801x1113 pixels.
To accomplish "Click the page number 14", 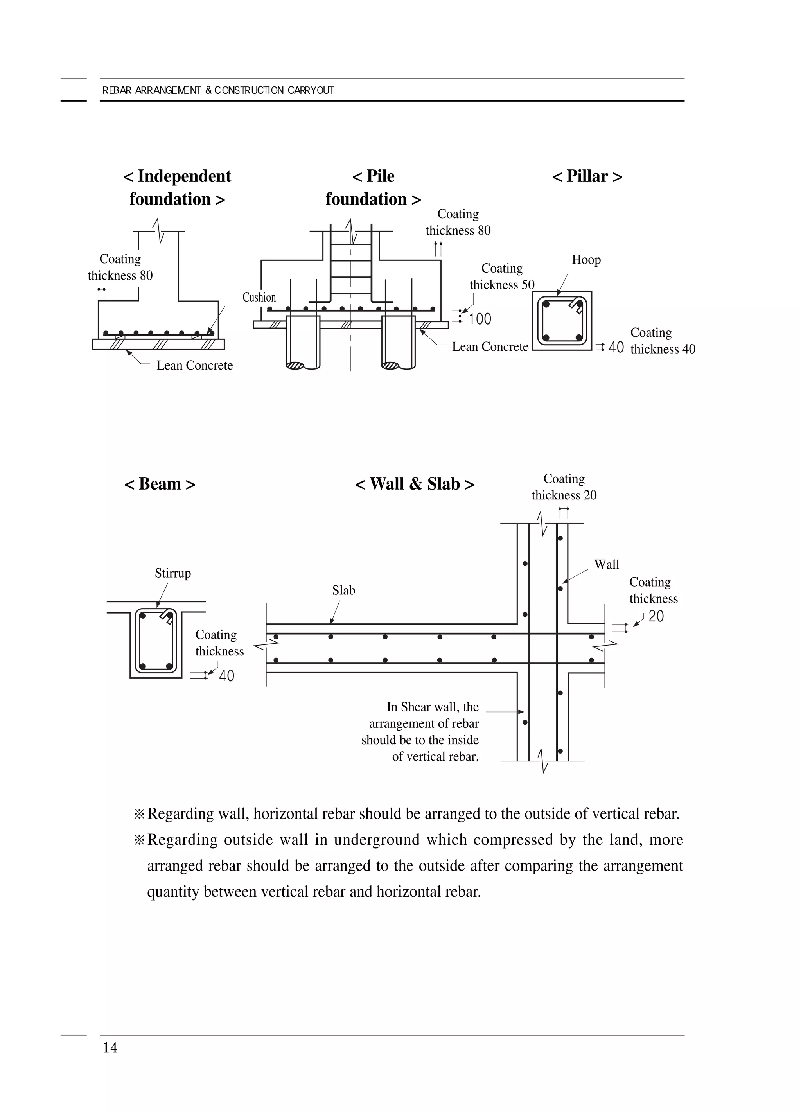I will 110,1048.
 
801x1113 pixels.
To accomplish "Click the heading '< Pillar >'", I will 587,176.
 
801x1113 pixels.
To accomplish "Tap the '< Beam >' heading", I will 160,484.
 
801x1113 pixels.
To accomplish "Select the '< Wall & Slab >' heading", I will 415,484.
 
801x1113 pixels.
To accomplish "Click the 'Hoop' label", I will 586,260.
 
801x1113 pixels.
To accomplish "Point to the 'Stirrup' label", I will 173,573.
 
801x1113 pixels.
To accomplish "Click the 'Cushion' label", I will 259,297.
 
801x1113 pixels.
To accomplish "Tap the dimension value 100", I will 480,319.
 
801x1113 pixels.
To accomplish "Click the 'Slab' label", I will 343,591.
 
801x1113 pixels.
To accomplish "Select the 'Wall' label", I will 607,564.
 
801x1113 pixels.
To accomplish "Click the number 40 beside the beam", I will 226,676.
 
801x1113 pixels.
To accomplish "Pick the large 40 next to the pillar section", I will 616,347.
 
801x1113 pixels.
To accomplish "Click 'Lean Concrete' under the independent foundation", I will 194,365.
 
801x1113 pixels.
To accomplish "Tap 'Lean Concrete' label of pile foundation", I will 490,346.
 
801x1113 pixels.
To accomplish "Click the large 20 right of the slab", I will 656,616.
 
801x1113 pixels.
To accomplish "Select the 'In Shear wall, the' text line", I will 433,707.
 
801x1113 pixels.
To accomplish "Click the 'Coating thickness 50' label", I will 502,276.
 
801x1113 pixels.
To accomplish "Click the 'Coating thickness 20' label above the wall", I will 564,487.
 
